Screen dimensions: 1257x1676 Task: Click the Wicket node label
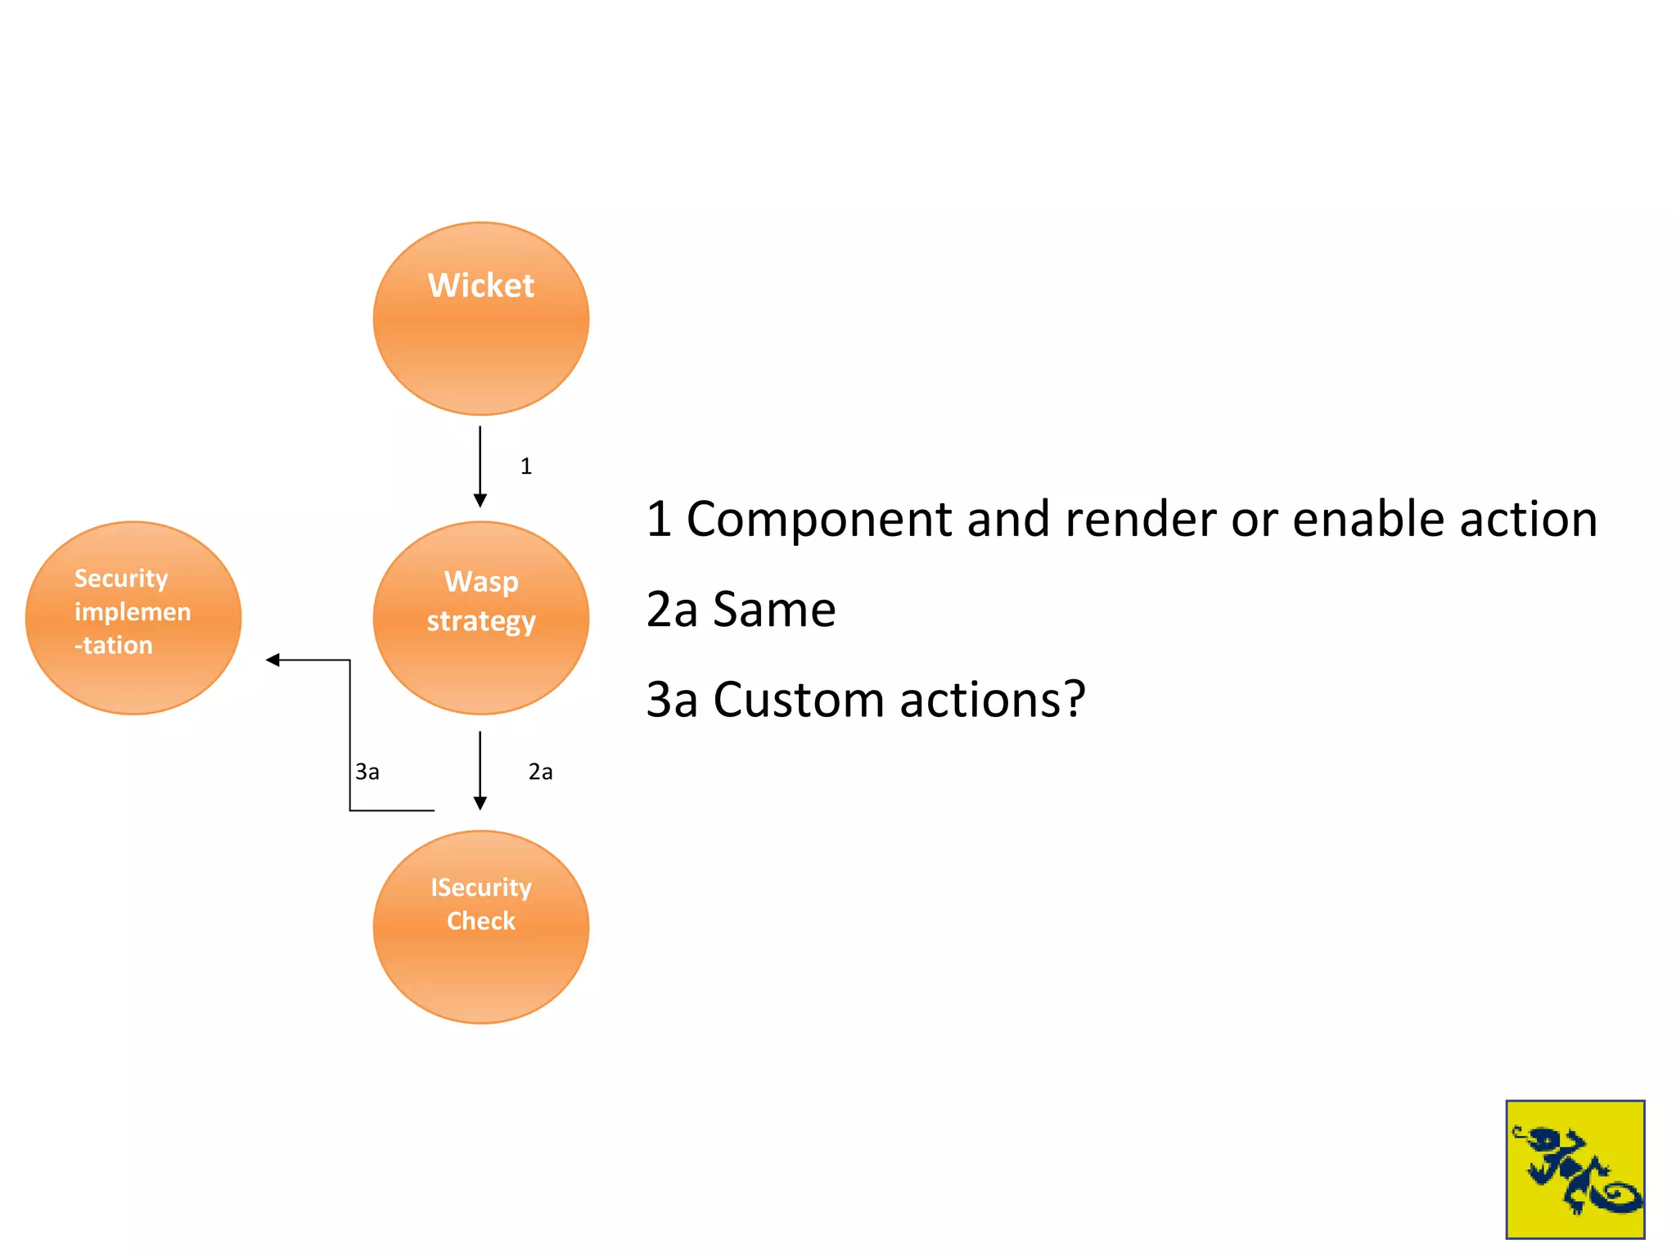tap(480, 286)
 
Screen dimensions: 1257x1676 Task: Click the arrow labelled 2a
tap(480, 769)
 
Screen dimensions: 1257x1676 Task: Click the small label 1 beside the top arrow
tap(526, 466)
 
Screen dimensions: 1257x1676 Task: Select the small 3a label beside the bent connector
tap(367, 772)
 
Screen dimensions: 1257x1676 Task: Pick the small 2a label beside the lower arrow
tap(540, 772)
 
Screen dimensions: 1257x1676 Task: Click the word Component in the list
tap(819, 520)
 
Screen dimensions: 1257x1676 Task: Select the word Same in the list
tap(774, 610)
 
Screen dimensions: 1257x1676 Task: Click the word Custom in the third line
tap(799, 700)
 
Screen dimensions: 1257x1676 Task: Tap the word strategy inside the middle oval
tap(481, 621)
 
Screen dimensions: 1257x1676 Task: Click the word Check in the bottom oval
tap(481, 921)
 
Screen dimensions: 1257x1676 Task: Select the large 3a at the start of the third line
tap(672, 700)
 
